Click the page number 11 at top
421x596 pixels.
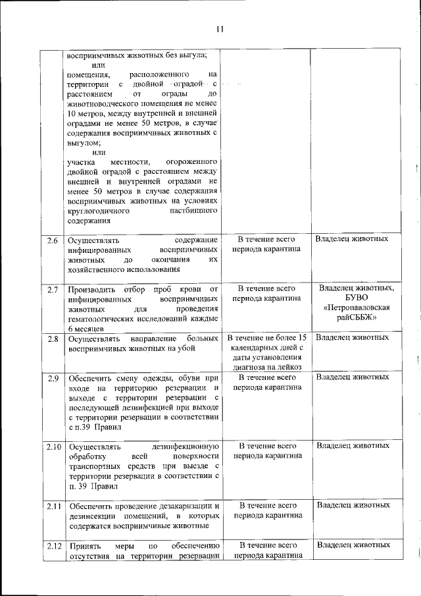[x=219, y=29]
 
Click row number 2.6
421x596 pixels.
[x=53, y=240]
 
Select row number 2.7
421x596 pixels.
[x=53, y=289]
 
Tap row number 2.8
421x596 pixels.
[x=53, y=339]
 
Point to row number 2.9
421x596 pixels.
[x=53, y=377]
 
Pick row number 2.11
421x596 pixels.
[x=53, y=506]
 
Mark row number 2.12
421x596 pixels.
[x=53, y=546]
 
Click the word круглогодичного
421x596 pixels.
[x=99, y=211]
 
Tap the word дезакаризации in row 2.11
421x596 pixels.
[x=184, y=506]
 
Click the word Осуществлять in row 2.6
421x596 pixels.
[x=93, y=240]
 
